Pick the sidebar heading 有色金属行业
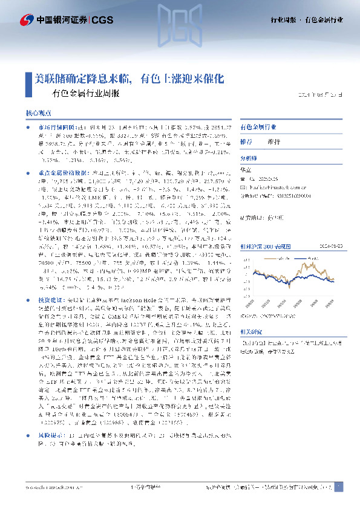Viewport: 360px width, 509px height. [259, 128]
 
